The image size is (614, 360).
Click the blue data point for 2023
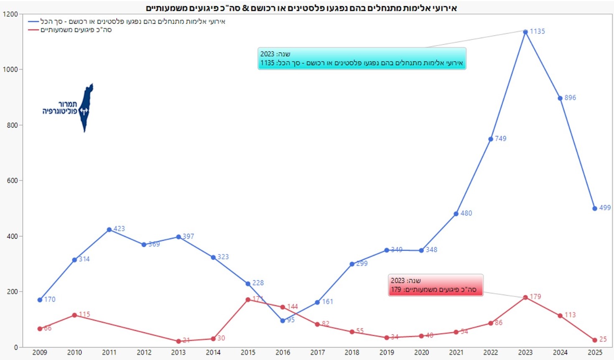pyautogui.click(x=525, y=32)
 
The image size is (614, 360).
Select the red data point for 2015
pyautogui.click(x=248, y=300)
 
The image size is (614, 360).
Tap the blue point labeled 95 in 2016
pyautogui.click(x=283, y=321)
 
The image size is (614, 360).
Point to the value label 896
pyautogui.click(x=570, y=97)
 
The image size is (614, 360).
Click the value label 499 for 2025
pyautogui.click(x=604, y=207)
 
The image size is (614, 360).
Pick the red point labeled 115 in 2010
pyautogui.click(x=74, y=315)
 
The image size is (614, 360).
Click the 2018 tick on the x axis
pyautogui.click(x=352, y=352)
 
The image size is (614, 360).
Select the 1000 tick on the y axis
pyautogui.click(x=10, y=69)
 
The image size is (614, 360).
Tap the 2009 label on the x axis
pyautogui.click(x=40, y=352)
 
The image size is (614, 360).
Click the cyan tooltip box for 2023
pyautogui.click(x=362, y=59)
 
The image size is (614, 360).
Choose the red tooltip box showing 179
pyautogui.click(x=436, y=285)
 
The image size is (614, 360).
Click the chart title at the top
pyautogui.click(x=301, y=8)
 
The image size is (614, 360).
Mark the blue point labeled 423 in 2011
pyautogui.click(x=109, y=230)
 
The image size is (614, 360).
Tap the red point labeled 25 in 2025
pyautogui.click(x=595, y=340)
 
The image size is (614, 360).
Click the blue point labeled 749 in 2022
pyautogui.click(x=491, y=139)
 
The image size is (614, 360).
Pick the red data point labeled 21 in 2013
pyautogui.click(x=178, y=341)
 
